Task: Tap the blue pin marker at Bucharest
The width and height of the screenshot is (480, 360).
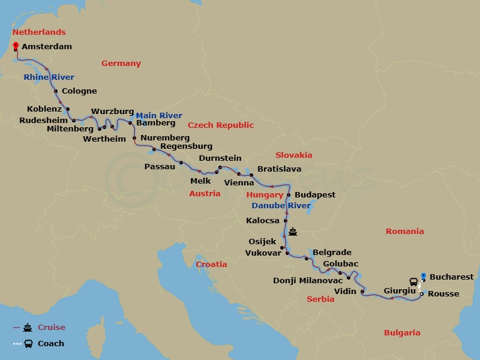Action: pos(423,276)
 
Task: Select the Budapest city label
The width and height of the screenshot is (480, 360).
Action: pos(315,195)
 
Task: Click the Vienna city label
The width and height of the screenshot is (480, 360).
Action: pos(239,182)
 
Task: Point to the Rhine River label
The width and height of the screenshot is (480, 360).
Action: pos(49,77)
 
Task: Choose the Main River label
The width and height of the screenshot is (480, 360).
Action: pos(159,115)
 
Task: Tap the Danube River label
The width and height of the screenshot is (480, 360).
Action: pos(281,206)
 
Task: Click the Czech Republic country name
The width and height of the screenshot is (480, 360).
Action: pos(221,125)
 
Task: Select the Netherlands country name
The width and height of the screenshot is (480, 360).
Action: pos(39,32)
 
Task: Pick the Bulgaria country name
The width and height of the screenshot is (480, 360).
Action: pos(402,332)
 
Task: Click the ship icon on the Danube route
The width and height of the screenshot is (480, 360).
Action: pos(293,232)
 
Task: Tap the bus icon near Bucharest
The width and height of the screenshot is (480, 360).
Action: pos(413,281)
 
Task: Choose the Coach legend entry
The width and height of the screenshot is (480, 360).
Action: pos(50,344)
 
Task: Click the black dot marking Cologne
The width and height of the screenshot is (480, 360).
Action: pos(56,92)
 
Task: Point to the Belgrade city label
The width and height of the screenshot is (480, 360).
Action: pos(332,253)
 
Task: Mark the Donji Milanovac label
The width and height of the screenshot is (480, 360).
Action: pos(308,280)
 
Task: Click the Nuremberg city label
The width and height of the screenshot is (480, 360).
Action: pos(165,138)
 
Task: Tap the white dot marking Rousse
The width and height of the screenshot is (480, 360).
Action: pos(422,294)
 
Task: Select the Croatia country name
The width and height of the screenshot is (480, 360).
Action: pos(212,264)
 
